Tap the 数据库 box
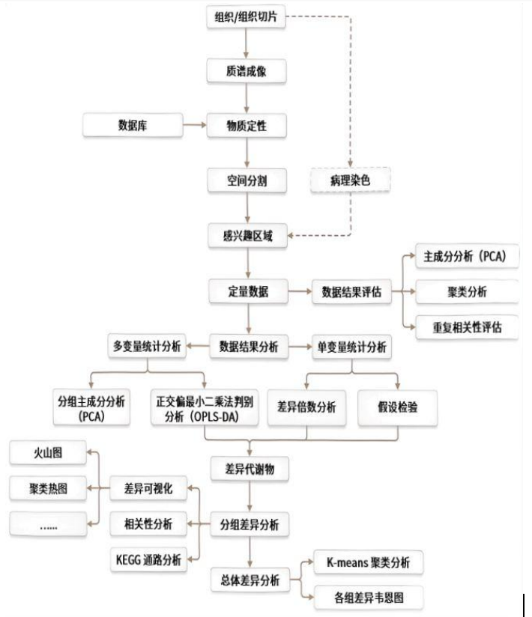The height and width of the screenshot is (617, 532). point(132,124)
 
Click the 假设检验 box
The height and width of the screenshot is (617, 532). point(396,407)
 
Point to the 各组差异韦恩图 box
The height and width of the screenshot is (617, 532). point(367,598)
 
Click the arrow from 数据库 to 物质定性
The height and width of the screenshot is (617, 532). point(194,124)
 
